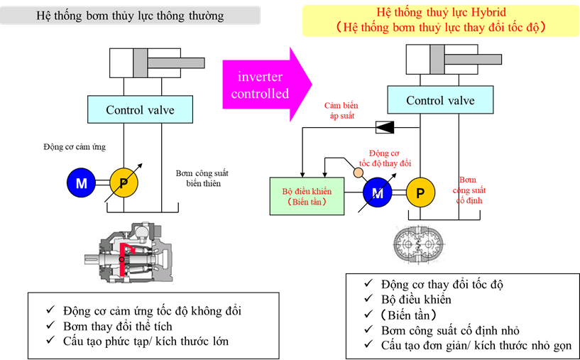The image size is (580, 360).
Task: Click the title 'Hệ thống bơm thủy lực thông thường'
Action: click(x=130, y=16)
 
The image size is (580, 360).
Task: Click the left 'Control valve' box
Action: click(x=140, y=110)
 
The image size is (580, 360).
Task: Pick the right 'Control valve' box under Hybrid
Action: click(x=439, y=100)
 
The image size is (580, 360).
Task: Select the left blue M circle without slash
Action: click(x=82, y=184)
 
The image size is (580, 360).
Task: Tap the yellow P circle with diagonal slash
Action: click(x=124, y=184)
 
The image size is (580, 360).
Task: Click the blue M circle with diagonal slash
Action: click(x=378, y=192)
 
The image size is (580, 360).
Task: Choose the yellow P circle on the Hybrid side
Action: click(x=420, y=192)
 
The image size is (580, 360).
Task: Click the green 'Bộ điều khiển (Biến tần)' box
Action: click(x=307, y=197)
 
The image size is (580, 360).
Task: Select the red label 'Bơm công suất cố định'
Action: click(x=470, y=190)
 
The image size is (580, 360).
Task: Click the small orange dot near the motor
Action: click(x=359, y=173)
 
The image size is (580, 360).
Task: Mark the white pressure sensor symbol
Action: click(x=383, y=126)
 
